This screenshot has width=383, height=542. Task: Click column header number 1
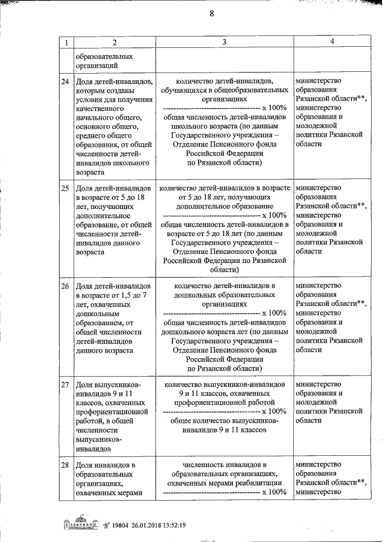[x=66, y=43]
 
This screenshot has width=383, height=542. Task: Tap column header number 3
[x=223, y=43]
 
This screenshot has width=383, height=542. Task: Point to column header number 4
[x=331, y=42]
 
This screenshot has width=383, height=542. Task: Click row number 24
[x=66, y=81]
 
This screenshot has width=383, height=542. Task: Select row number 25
[x=66, y=189]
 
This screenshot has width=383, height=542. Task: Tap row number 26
[x=66, y=286]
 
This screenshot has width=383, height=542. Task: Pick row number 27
[x=66, y=384]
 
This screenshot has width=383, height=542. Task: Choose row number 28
[x=66, y=465]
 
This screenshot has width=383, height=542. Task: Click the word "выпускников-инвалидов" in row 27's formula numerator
[x=247, y=383]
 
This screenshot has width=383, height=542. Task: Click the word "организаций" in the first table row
[x=96, y=66]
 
